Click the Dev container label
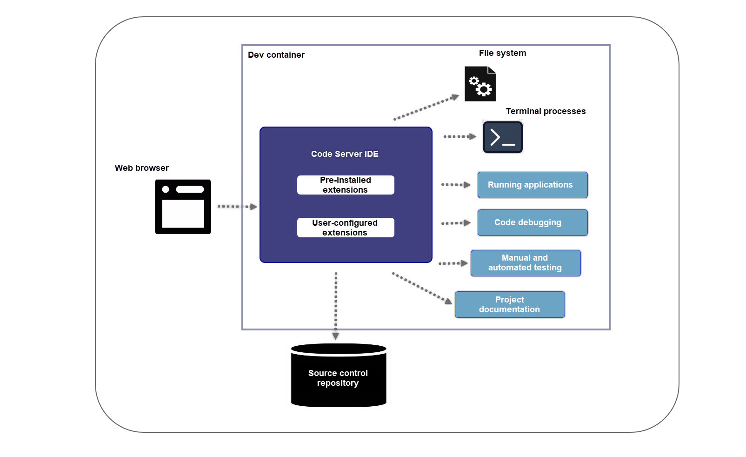coord(276,55)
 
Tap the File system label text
coord(502,53)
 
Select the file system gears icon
coord(480,84)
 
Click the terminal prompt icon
coord(502,137)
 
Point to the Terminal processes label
coord(545,111)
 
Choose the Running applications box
coord(532,185)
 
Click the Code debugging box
coord(532,222)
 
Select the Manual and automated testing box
coord(525,263)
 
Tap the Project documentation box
coord(509,304)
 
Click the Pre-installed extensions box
coord(345,185)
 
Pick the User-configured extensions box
coord(345,228)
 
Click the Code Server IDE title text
coord(345,154)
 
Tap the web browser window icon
coord(183,207)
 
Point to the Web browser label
coord(141,168)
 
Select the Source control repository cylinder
coord(338,376)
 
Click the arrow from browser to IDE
coord(237,207)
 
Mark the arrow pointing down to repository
coord(336,305)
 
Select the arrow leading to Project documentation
coord(421,288)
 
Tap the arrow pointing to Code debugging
coord(455,223)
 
